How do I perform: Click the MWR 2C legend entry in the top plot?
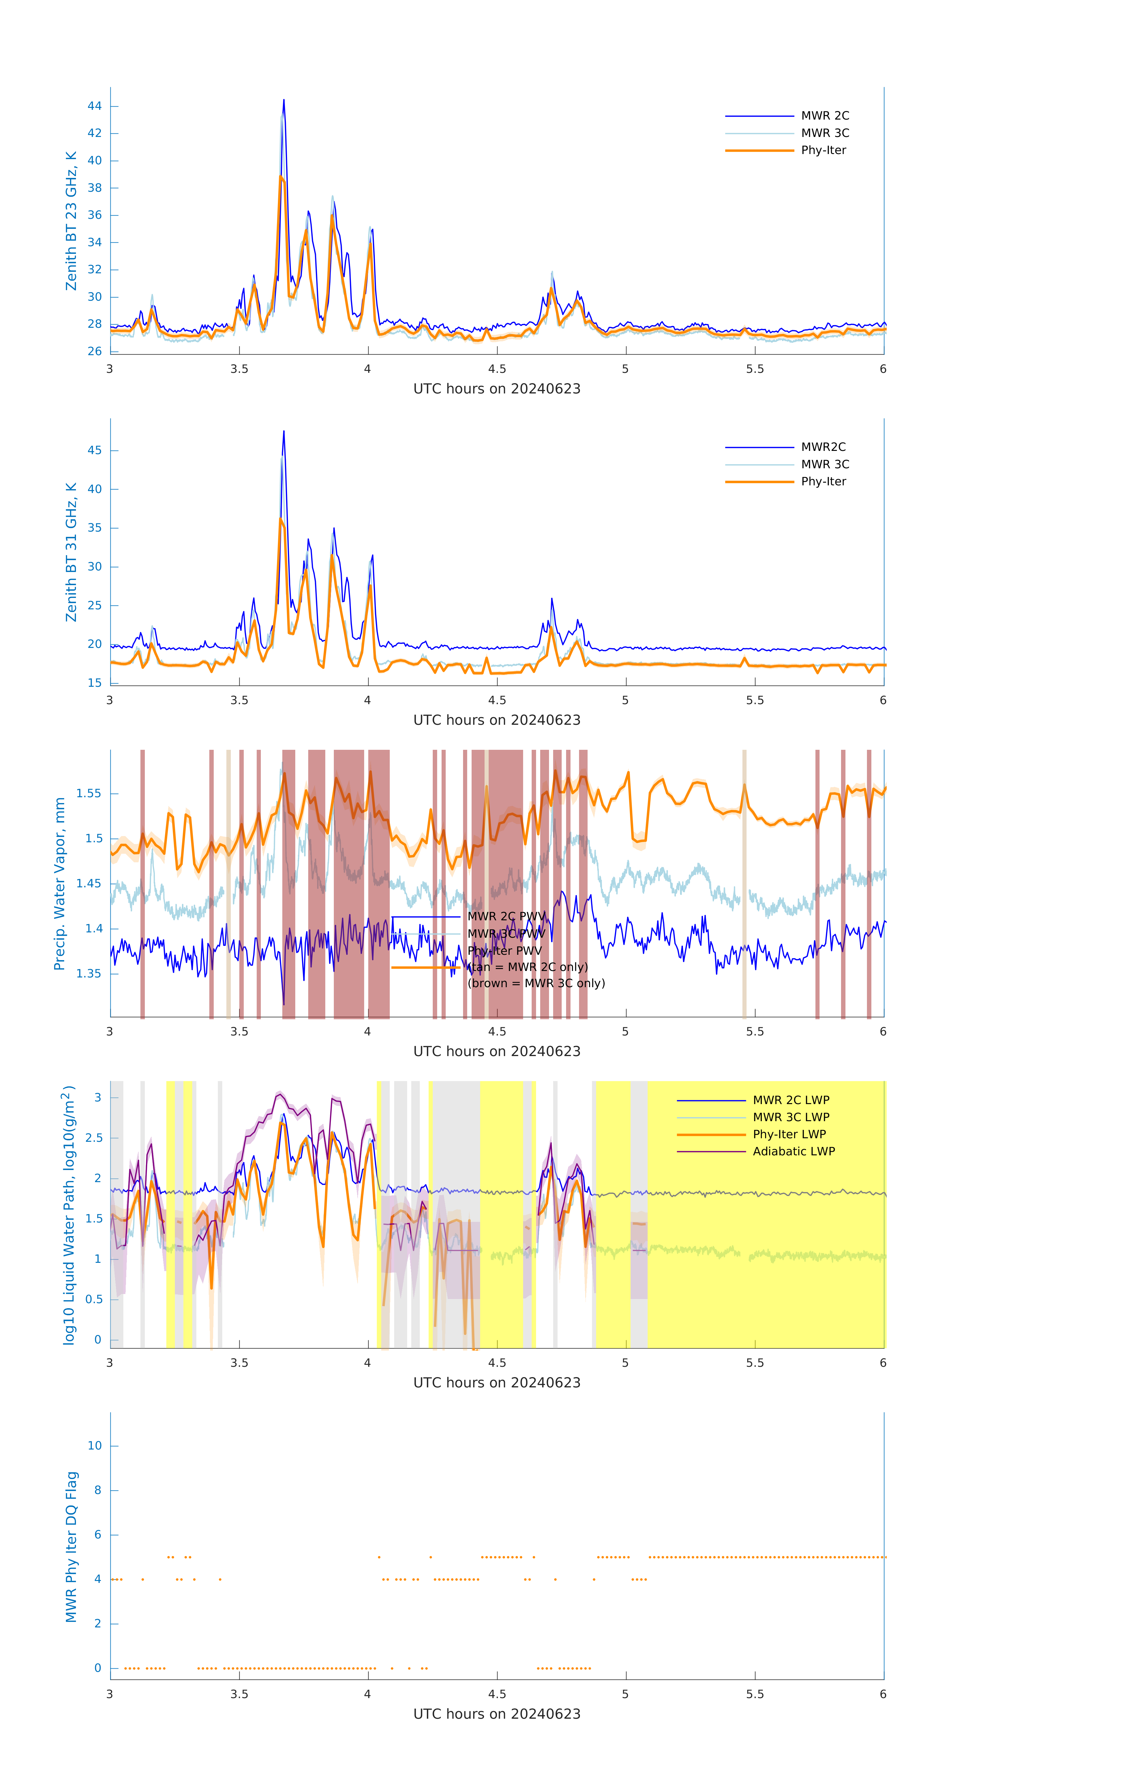pyautogui.click(x=825, y=116)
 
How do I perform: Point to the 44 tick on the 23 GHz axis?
pyautogui.click(x=94, y=106)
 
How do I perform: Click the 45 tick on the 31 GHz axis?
pyautogui.click(x=94, y=451)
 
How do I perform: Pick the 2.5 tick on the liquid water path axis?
pyautogui.click(x=93, y=1138)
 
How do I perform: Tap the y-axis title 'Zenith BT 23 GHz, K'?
pyautogui.click(x=71, y=221)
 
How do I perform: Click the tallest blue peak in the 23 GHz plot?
pyautogui.click(x=284, y=100)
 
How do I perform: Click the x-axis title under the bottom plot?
pyautogui.click(x=497, y=1714)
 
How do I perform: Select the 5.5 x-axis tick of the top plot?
pyautogui.click(x=755, y=369)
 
